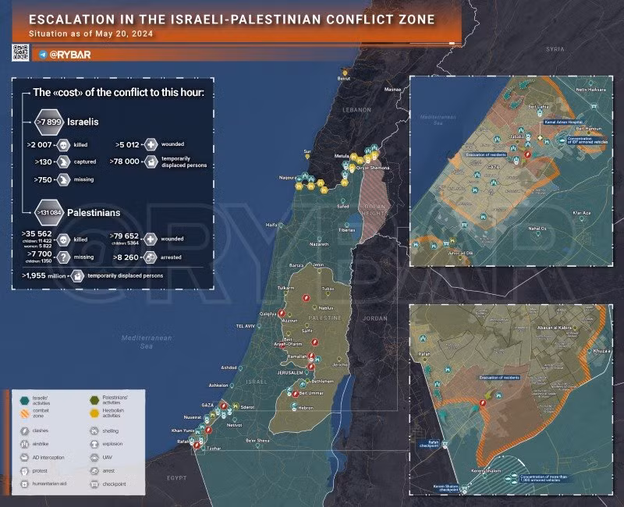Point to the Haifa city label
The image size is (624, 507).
(271, 225)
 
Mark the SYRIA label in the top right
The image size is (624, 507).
(555, 48)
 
